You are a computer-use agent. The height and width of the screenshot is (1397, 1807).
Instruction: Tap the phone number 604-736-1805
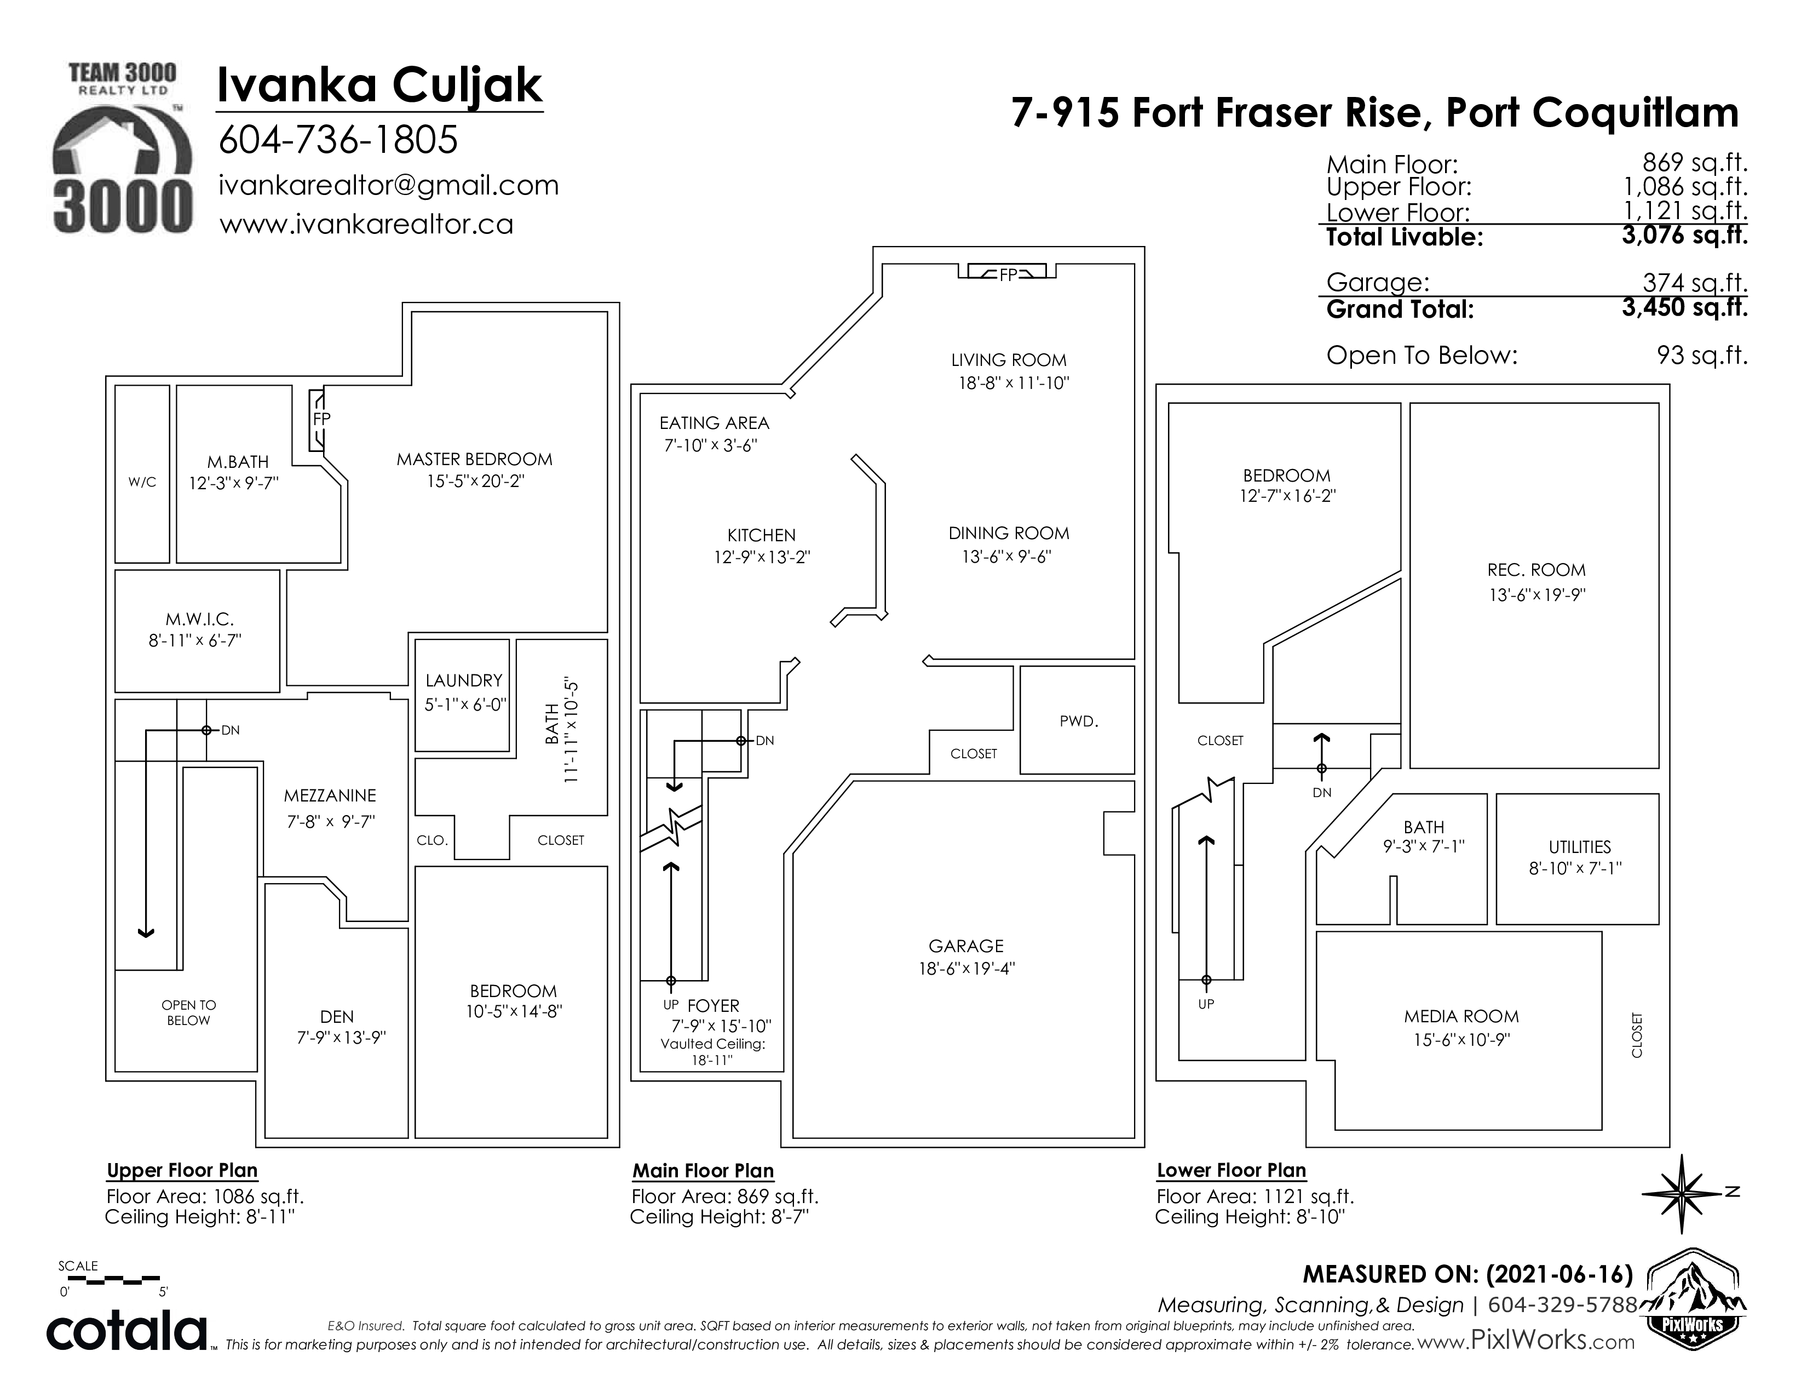click(337, 140)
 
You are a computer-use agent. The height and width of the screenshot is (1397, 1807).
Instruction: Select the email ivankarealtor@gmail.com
click(389, 185)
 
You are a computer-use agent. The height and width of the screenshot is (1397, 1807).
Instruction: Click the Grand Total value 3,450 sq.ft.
click(1684, 307)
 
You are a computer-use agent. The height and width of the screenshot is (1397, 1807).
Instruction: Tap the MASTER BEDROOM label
click(474, 459)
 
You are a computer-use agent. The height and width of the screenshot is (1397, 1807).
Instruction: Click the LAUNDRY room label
click(464, 680)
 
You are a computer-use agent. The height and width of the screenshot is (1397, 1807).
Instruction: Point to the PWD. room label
click(1079, 722)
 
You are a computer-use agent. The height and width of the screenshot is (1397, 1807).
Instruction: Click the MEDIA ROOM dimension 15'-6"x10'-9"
click(1461, 1039)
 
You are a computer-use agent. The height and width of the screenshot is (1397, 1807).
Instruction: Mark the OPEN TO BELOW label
click(189, 1013)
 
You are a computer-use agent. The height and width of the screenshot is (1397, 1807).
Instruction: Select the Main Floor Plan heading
click(703, 1171)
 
